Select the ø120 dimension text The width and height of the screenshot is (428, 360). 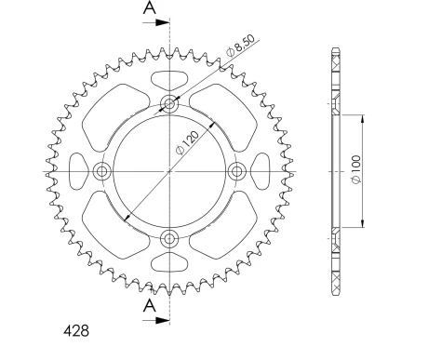click(x=187, y=142)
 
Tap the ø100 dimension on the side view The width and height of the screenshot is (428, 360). click(x=356, y=169)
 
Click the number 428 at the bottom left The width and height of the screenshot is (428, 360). click(x=76, y=331)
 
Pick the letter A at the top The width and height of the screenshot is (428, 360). click(x=150, y=7)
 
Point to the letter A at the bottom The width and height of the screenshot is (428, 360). click(x=150, y=306)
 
